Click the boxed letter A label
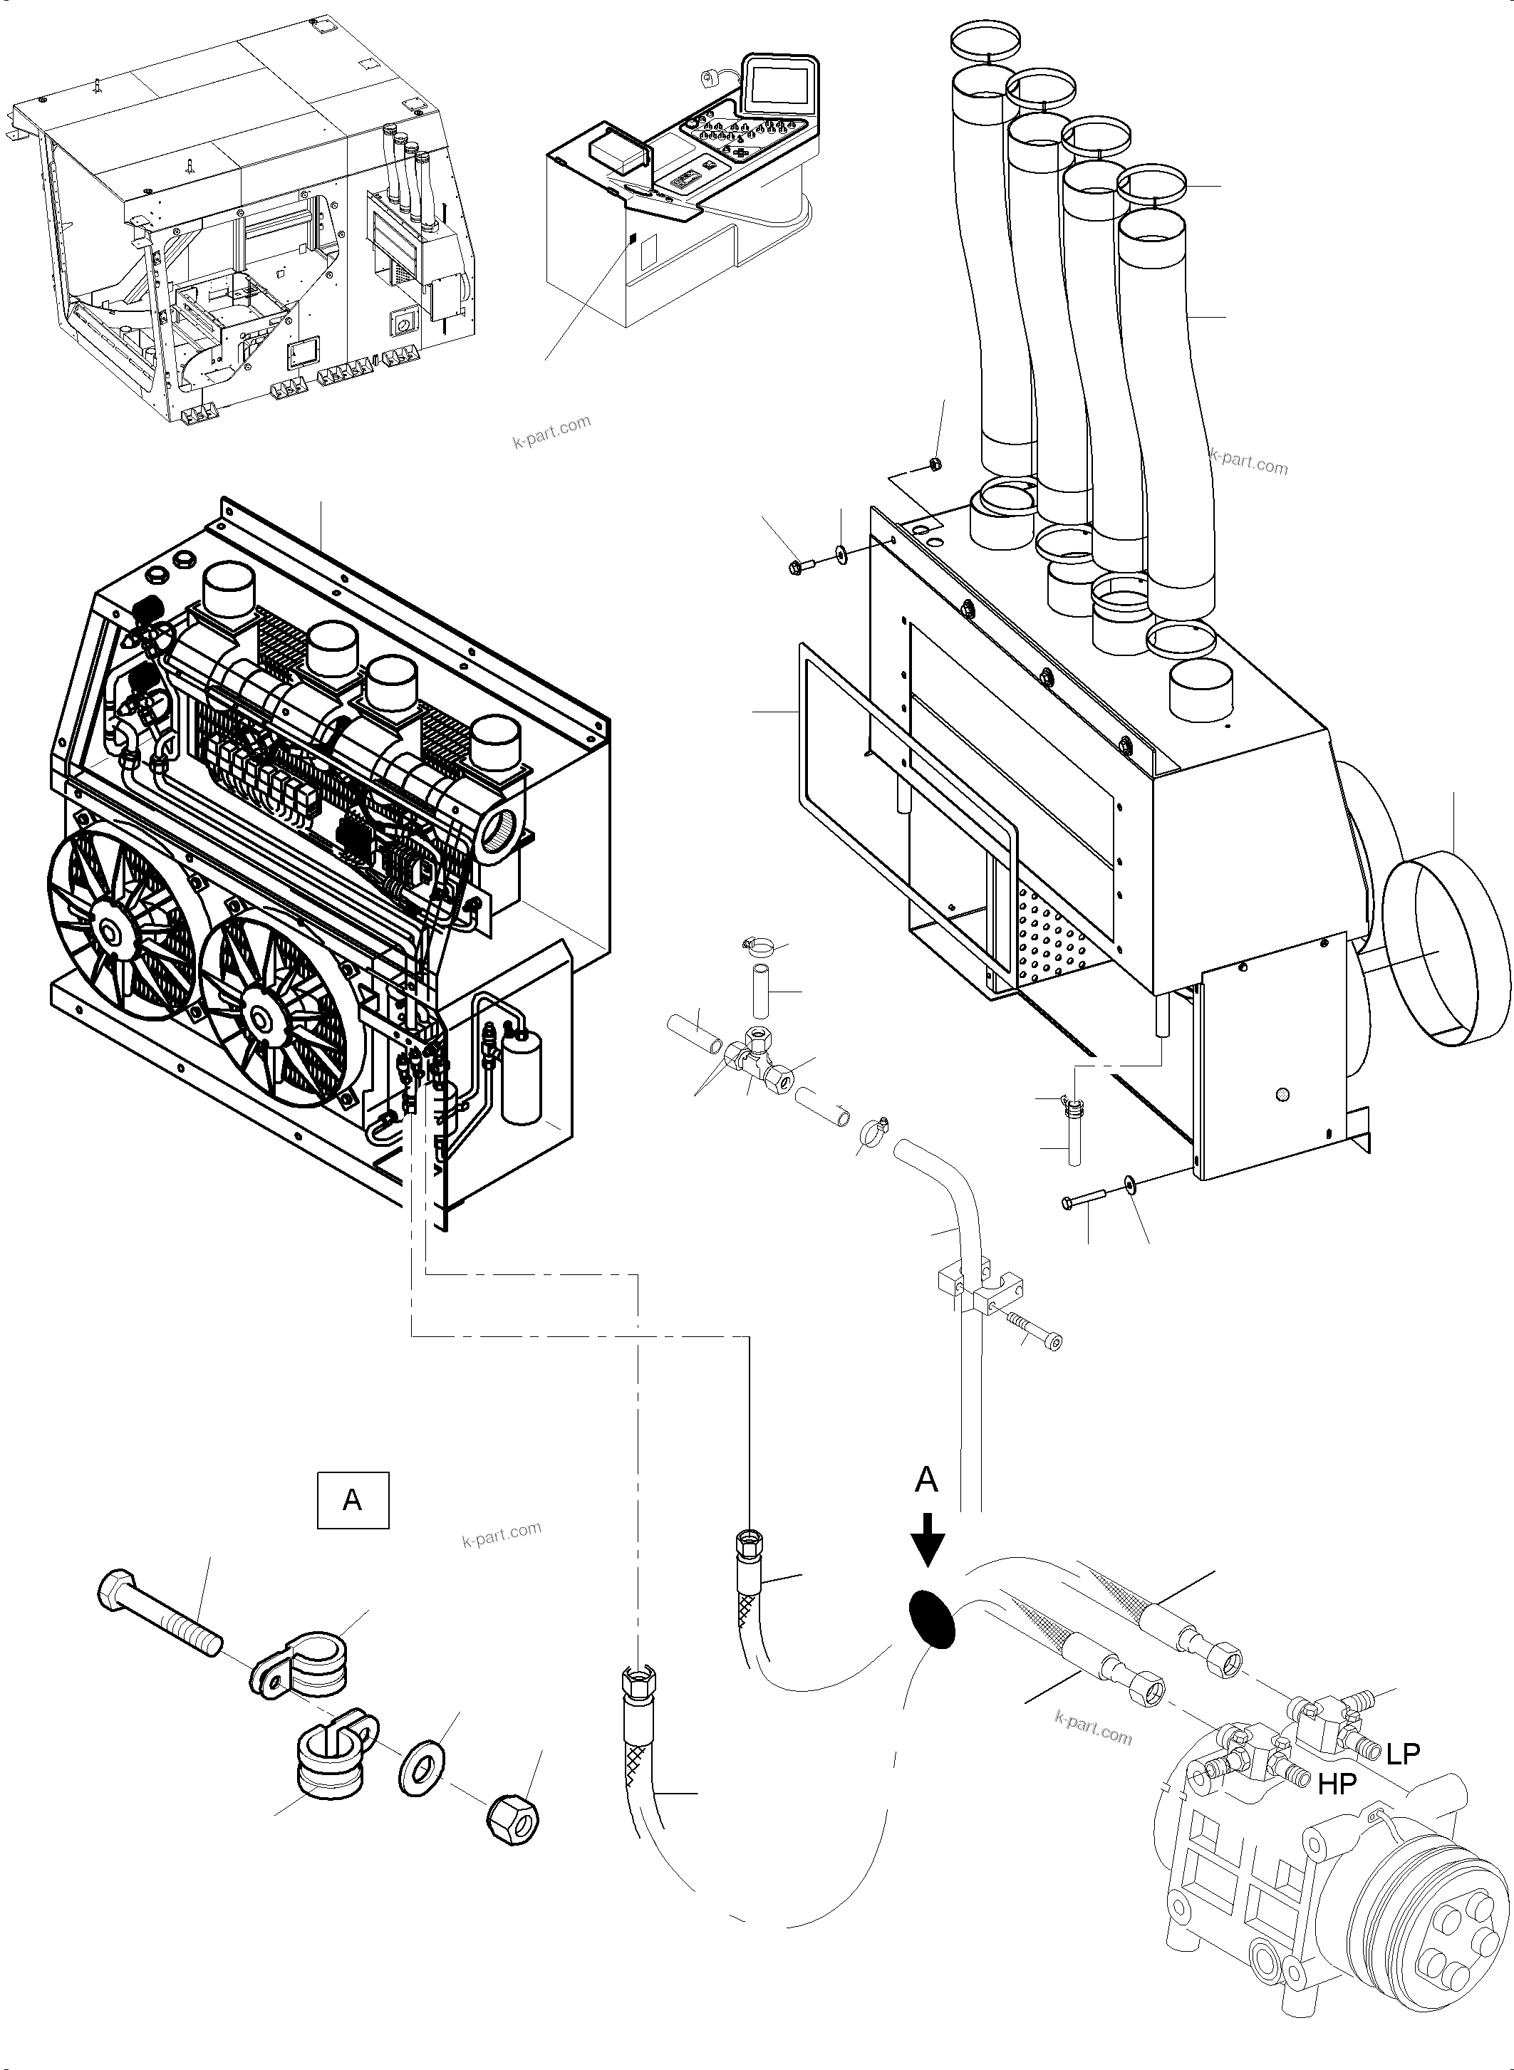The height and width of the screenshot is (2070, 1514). (353, 1500)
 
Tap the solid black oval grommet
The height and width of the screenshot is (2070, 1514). (931, 1620)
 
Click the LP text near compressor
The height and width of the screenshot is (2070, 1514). (1402, 1754)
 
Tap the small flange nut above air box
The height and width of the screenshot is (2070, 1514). (933, 463)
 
